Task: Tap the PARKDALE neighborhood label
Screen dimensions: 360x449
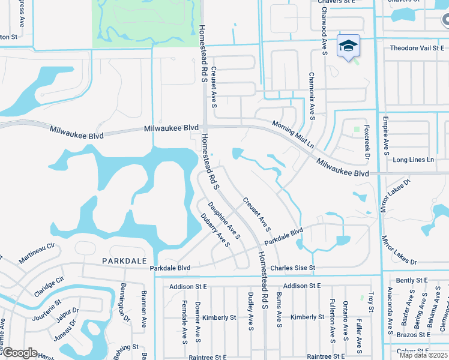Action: click(124, 261)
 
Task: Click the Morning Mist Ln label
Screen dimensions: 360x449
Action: click(293, 134)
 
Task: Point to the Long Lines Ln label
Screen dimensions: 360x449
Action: click(413, 160)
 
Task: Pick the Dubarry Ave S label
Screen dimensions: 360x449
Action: click(215, 230)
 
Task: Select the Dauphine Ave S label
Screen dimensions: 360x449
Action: click(228, 221)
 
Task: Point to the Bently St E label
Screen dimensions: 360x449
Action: click(412, 280)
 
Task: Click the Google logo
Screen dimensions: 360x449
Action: click(19, 353)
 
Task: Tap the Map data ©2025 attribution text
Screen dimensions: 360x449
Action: click(423, 355)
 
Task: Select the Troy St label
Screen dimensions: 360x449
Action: click(371, 302)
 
